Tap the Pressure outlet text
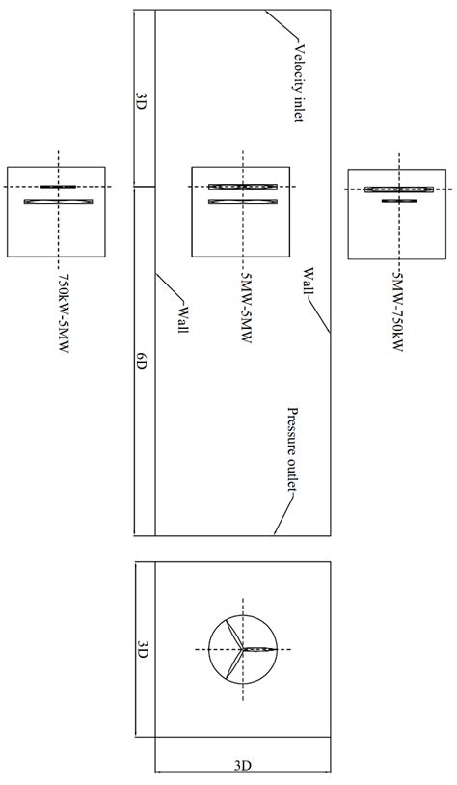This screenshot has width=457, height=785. click(x=290, y=449)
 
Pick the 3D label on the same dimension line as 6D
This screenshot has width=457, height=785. click(x=142, y=99)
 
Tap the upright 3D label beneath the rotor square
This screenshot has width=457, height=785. click(x=242, y=766)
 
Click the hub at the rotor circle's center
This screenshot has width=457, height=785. click(x=242, y=649)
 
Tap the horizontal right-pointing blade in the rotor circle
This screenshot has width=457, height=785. click(x=259, y=649)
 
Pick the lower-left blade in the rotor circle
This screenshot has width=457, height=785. click(x=232, y=665)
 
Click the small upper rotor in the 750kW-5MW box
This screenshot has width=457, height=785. click(x=58, y=186)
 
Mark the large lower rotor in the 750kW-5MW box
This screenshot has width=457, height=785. click(x=59, y=201)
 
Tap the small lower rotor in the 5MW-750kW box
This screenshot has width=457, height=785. click(x=397, y=201)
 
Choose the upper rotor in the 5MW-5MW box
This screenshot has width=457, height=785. click(x=242, y=186)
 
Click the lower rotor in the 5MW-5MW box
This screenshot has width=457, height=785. click(x=242, y=201)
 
